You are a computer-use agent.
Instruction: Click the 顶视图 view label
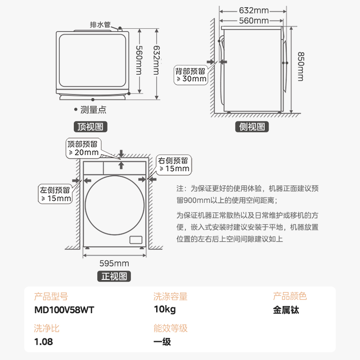(x=90, y=127)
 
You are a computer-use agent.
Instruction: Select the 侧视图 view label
(x=252, y=127)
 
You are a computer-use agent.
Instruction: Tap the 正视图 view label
(x=114, y=276)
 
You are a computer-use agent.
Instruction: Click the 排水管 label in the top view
(x=100, y=25)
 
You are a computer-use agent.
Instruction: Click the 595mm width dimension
(x=114, y=263)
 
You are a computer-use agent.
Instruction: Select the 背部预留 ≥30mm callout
(x=191, y=75)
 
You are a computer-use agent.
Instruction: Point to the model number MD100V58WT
(x=64, y=310)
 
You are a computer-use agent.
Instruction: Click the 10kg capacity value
(x=164, y=310)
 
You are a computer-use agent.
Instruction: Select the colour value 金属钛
(x=286, y=310)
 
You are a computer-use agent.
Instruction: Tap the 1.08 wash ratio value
(x=44, y=342)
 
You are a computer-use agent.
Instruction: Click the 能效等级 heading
(x=170, y=328)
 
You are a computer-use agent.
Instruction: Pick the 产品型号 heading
(x=51, y=297)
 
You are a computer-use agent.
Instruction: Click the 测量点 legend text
(x=93, y=109)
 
